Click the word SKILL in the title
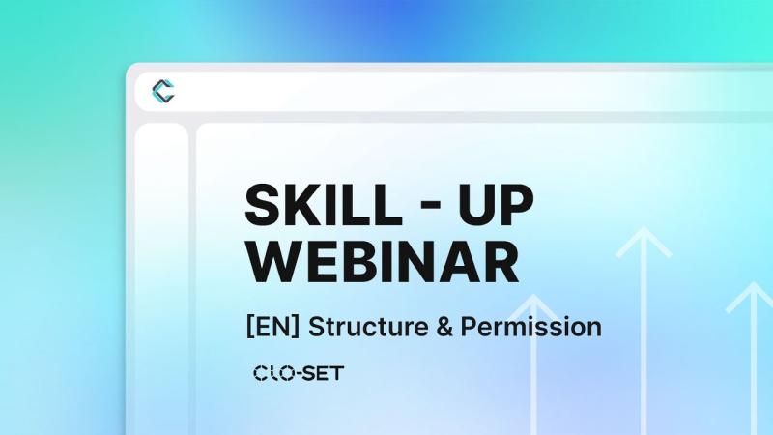[x=319, y=205]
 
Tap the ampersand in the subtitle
[x=444, y=327]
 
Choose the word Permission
[x=530, y=327]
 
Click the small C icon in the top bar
[x=162, y=92]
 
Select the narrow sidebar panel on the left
[x=161, y=280]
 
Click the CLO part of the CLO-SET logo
[x=273, y=372]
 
